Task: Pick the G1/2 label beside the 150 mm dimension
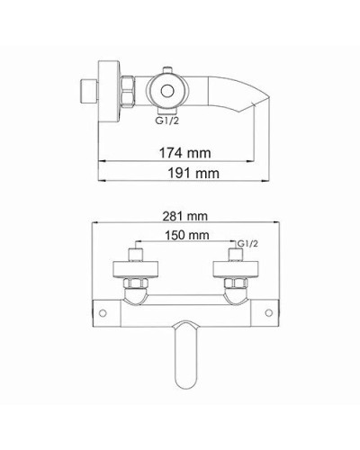(246, 243)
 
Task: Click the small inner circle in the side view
(167, 90)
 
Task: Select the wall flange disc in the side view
(111, 90)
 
